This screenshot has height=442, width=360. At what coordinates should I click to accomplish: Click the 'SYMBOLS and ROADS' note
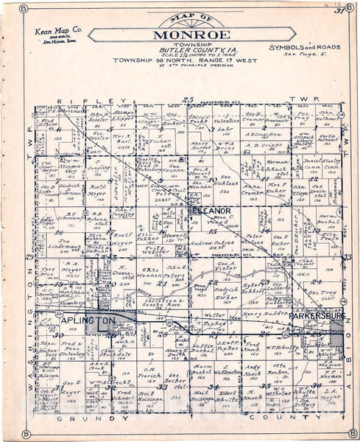click(x=304, y=47)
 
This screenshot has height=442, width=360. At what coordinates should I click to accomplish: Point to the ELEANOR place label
click(x=212, y=211)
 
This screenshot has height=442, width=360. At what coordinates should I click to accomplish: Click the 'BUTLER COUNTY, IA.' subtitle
click(x=180, y=48)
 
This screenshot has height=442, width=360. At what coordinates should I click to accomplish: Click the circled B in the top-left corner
click(x=24, y=8)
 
